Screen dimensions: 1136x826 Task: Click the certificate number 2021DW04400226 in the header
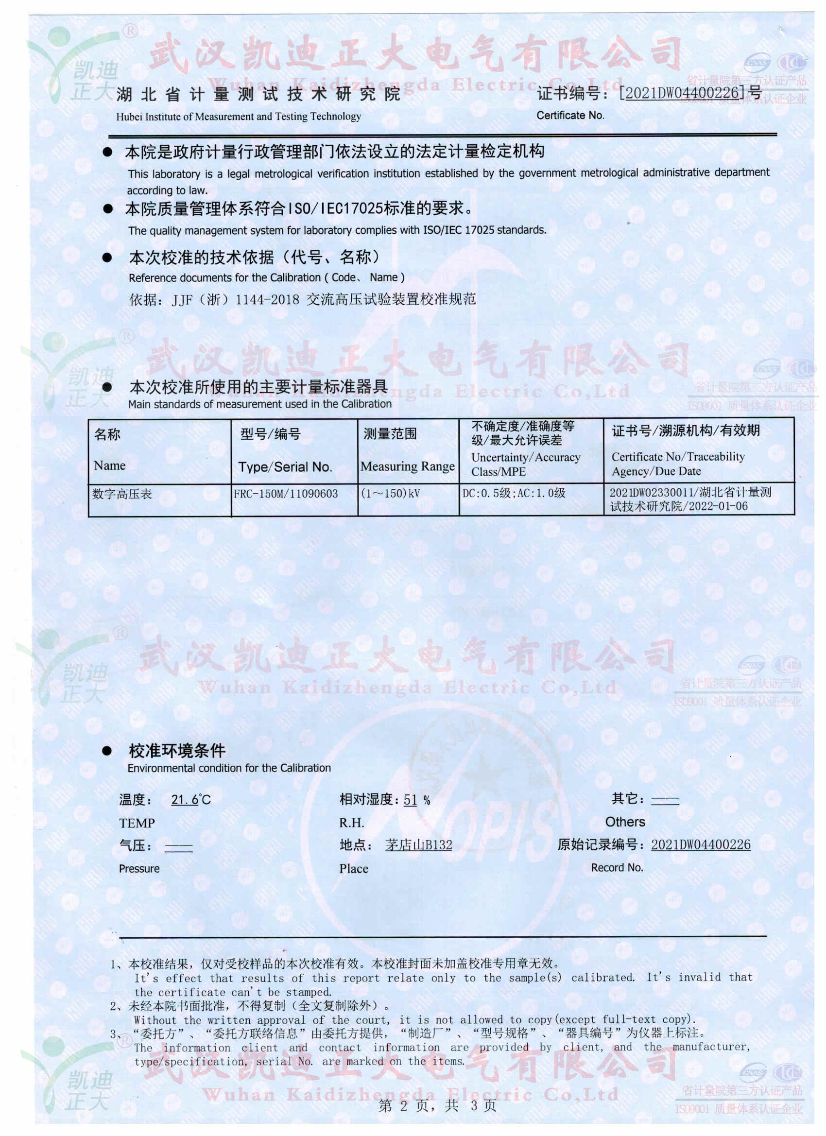tap(682, 93)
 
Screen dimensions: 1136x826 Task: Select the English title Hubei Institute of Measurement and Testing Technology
tap(239, 117)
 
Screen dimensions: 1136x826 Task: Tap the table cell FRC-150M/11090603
tap(286, 493)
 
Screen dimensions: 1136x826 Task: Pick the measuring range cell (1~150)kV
tap(390, 493)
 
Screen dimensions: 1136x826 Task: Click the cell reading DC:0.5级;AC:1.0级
tap(514, 493)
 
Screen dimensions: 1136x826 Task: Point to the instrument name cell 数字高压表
tap(122, 494)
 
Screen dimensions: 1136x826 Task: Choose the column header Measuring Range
tap(407, 466)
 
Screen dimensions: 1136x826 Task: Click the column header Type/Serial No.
tap(285, 467)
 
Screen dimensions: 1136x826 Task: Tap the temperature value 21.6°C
tap(191, 799)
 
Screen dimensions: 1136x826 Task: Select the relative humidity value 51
tap(410, 799)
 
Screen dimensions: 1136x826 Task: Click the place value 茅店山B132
tap(418, 845)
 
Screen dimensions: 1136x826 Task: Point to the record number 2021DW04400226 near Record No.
tap(700, 844)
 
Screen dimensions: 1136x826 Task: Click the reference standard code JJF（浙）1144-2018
tap(236, 300)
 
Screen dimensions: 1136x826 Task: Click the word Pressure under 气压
tap(139, 869)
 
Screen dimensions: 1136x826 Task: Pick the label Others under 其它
tap(625, 822)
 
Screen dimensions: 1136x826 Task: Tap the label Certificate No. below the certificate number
tap(570, 115)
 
